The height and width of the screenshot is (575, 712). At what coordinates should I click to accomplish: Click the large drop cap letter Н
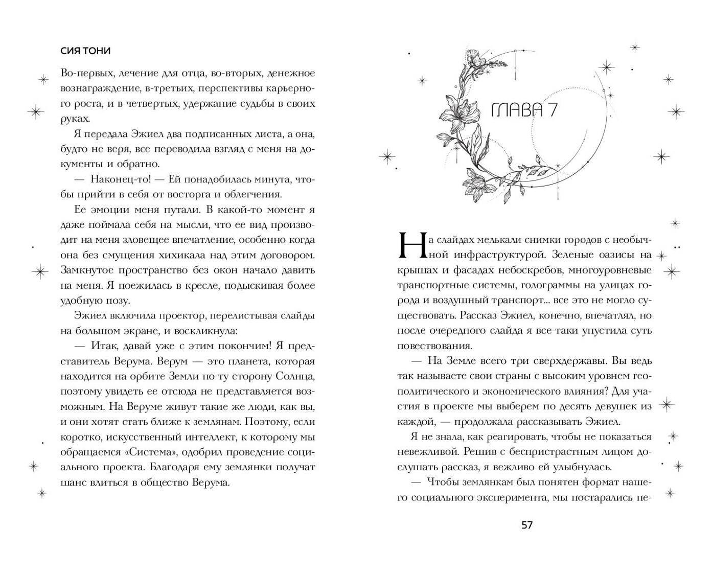409,245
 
